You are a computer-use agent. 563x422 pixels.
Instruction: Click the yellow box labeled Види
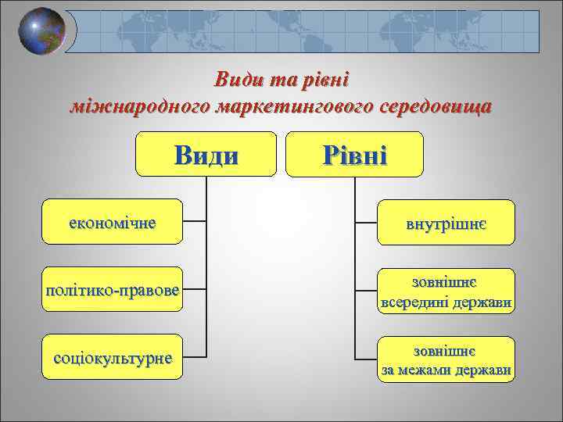click(206, 154)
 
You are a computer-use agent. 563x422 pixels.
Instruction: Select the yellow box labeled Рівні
click(355, 154)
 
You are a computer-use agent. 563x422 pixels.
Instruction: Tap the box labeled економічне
click(112, 222)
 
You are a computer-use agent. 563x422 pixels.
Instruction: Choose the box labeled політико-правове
click(112, 291)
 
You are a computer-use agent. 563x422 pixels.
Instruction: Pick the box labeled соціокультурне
click(112, 359)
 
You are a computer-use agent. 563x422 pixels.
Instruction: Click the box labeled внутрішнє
click(446, 223)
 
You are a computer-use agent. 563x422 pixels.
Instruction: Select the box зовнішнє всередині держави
click(446, 291)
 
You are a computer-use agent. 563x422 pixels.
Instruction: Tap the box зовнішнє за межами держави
click(446, 359)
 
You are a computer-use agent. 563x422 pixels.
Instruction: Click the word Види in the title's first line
click(238, 80)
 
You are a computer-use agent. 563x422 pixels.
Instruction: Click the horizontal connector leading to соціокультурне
click(195, 359)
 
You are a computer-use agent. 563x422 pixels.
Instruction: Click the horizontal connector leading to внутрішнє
click(367, 223)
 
